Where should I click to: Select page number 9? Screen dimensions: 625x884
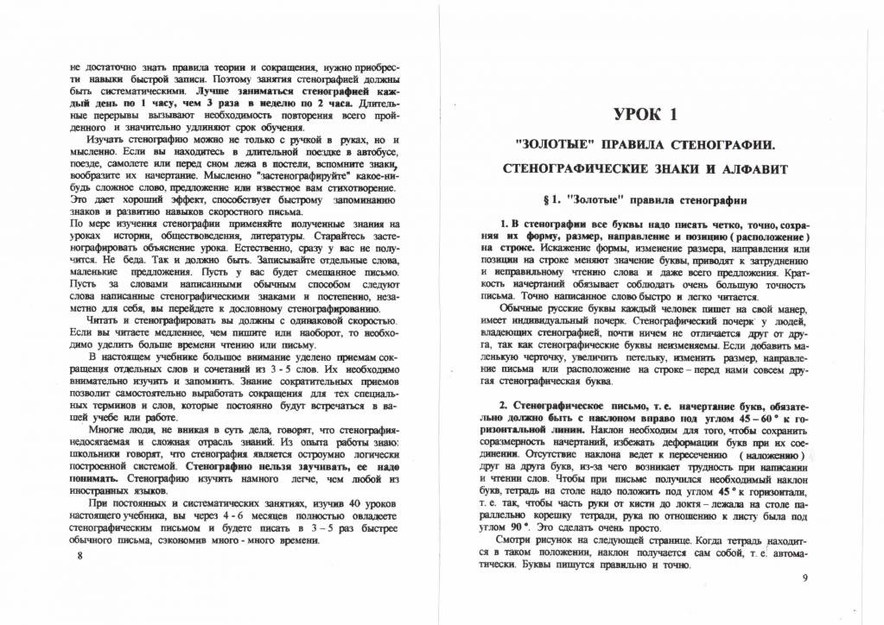(x=804, y=578)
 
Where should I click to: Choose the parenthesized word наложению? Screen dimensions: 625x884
(x=767, y=455)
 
